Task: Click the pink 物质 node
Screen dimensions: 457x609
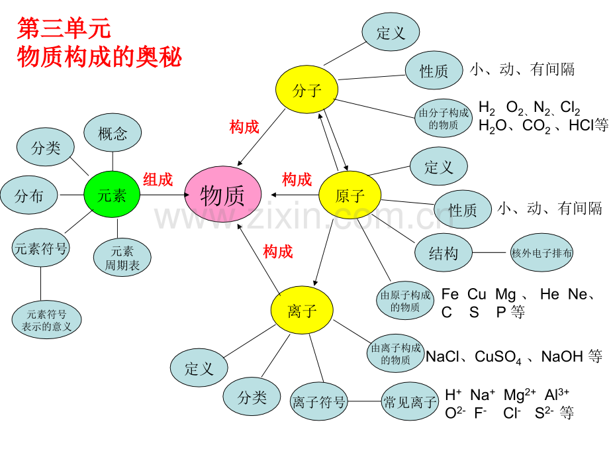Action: [222, 195]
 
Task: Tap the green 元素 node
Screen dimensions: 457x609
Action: [112, 195]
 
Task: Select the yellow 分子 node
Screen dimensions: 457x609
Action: [306, 90]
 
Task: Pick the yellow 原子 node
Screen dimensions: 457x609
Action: [350, 195]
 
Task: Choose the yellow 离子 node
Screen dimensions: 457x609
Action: [302, 311]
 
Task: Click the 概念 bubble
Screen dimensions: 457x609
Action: [113, 133]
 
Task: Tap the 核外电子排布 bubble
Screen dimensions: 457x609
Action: [542, 252]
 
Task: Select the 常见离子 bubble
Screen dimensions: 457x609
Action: [410, 401]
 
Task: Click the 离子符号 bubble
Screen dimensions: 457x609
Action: [319, 401]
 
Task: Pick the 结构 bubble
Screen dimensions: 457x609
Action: [444, 252]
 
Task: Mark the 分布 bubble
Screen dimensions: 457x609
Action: [29, 196]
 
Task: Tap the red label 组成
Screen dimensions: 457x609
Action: [158, 179]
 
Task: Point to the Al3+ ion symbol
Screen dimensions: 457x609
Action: [557, 395]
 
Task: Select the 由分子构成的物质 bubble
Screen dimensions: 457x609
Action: [444, 119]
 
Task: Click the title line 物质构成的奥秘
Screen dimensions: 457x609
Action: [99, 56]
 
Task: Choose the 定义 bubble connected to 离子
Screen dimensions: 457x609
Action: [199, 368]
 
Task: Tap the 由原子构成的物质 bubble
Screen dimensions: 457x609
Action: [405, 301]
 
